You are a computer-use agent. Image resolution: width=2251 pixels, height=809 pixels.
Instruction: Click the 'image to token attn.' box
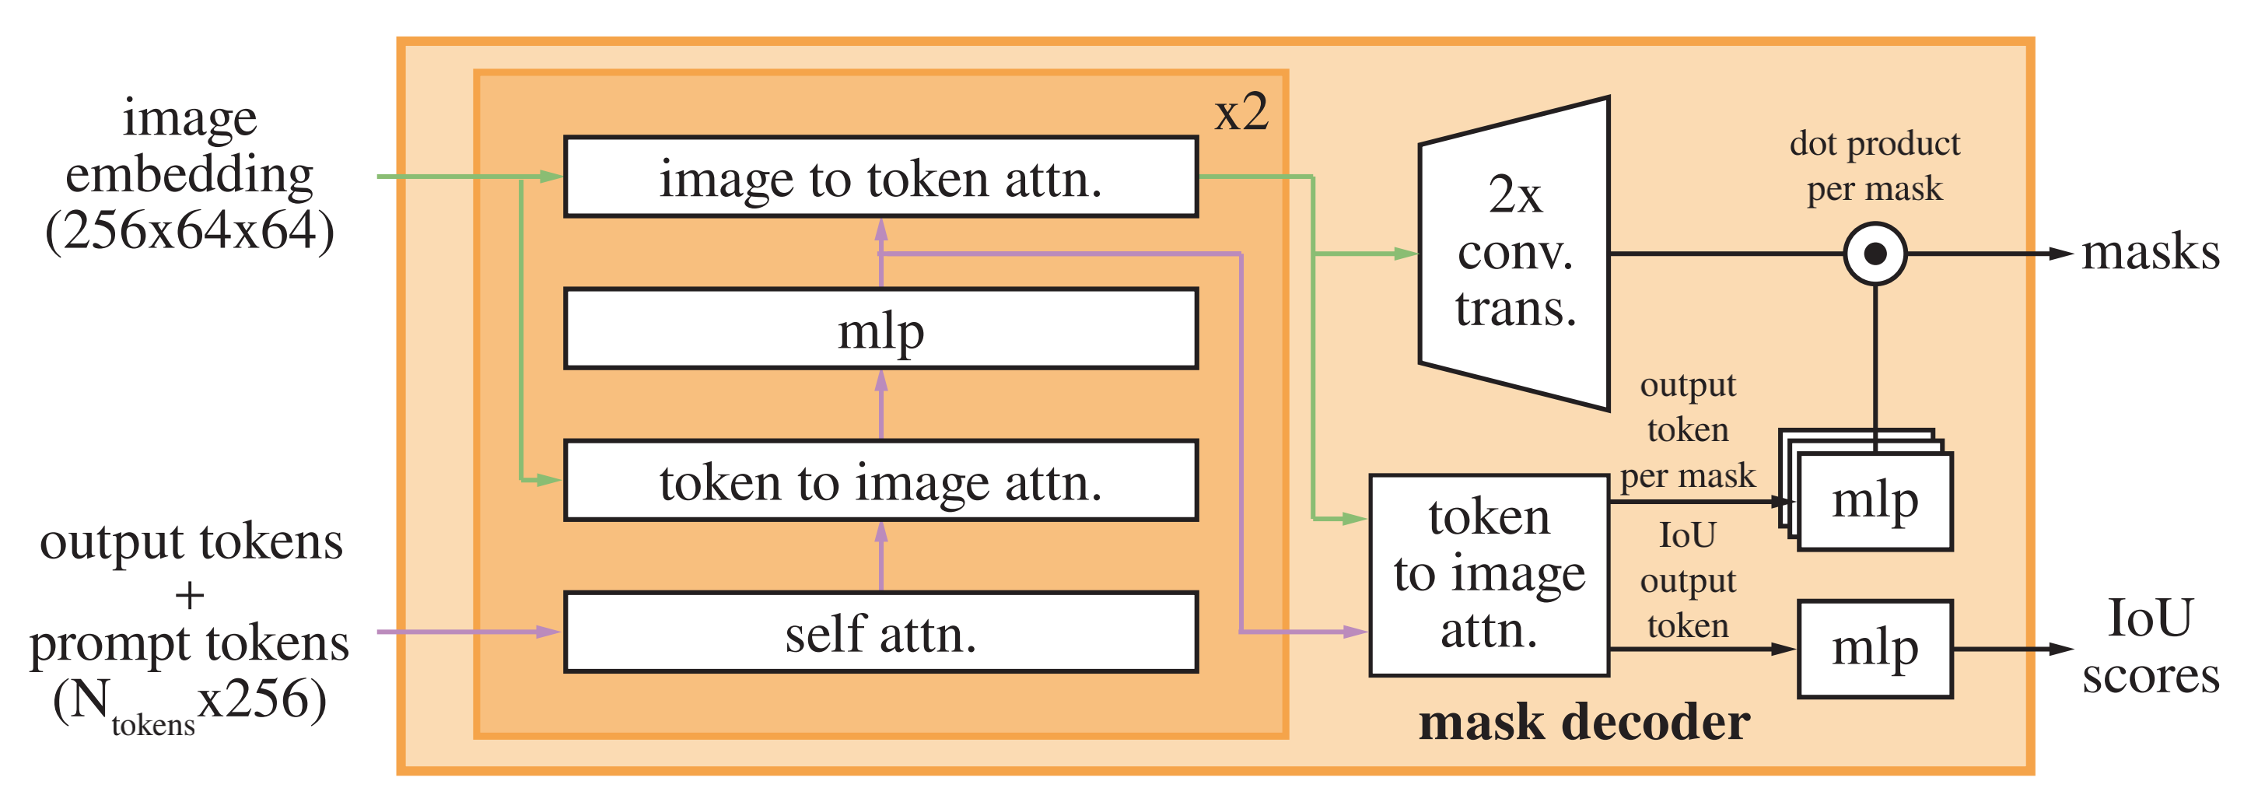tap(880, 177)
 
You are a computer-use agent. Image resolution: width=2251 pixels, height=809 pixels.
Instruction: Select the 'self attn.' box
tap(880, 632)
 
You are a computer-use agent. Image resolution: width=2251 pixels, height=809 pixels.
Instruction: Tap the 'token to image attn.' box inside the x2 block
tap(880, 481)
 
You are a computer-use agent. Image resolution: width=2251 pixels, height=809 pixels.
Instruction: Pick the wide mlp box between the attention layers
tap(880, 328)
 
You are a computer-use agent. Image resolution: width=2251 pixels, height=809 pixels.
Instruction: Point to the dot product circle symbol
tap(1875, 254)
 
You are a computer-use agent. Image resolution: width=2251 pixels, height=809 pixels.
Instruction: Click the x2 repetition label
tap(1241, 114)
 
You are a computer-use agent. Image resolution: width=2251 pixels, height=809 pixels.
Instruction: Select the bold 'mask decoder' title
tap(1584, 723)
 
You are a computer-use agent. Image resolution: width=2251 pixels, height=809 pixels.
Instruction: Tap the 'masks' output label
tap(2151, 254)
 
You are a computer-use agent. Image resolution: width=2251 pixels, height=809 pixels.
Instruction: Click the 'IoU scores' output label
tap(2151, 646)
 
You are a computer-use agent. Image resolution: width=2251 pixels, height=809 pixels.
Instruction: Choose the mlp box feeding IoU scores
tap(1875, 649)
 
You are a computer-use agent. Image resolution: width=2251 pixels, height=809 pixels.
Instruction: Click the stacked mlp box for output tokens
tap(1875, 502)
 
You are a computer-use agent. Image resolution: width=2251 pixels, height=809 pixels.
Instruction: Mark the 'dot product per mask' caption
tap(1875, 166)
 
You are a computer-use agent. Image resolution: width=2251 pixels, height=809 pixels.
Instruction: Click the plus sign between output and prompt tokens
tap(190, 596)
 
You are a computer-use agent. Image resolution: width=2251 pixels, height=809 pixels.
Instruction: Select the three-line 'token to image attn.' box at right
tap(1489, 575)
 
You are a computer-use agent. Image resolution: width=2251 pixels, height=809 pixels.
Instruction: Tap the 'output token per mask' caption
tap(1688, 430)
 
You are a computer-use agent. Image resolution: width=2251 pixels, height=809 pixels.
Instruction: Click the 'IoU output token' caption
tap(1688, 580)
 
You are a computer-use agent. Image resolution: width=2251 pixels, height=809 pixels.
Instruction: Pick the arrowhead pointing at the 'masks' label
tap(2061, 254)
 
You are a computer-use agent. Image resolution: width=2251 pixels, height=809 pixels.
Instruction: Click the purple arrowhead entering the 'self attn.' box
tap(549, 632)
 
